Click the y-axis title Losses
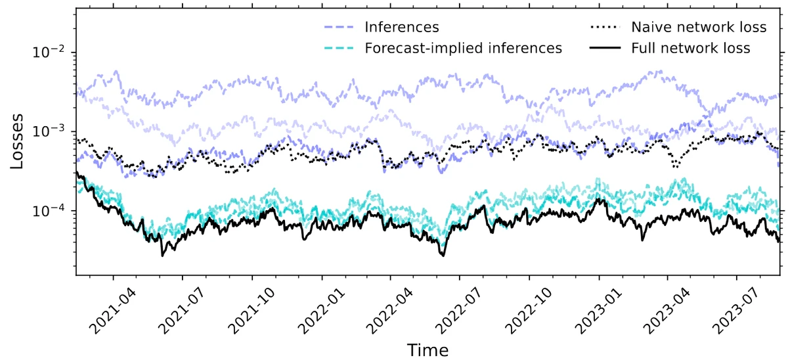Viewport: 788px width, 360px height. pos(18,142)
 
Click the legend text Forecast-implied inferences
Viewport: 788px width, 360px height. pos(463,48)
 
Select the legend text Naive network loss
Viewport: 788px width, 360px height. pos(699,28)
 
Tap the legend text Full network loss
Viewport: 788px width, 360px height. pos(690,48)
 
